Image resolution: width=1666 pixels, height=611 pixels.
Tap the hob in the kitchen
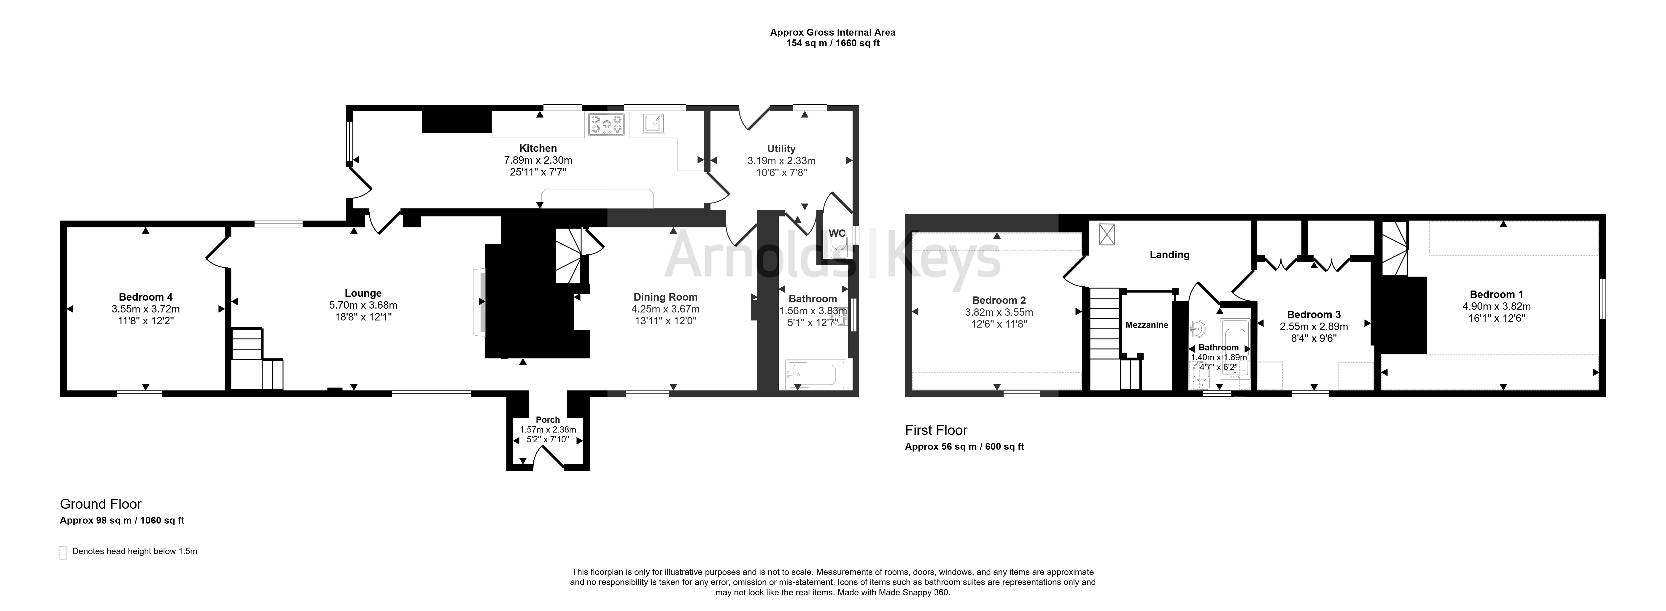(x=606, y=124)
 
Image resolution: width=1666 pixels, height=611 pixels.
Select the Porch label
(x=548, y=419)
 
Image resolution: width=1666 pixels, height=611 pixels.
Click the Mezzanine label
(x=1147, y=325)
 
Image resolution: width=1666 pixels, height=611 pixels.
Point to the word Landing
(x=1169, y=255)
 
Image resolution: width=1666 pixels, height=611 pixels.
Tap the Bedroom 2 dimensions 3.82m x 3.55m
(x=999, y=312)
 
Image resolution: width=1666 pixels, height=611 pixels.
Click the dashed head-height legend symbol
(x=63, y=553)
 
